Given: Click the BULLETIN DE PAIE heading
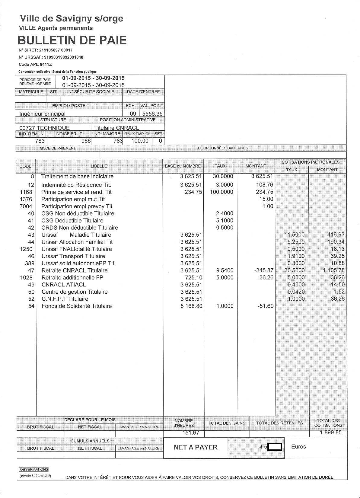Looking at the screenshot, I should pos(72,40).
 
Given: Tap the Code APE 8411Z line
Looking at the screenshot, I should pos(35,64).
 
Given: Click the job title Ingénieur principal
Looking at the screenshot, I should pos(42,114).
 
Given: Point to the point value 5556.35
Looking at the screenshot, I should pos(152,114).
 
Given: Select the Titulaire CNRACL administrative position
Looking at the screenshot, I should pos(116,128).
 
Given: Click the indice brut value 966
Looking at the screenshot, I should pos(86,141).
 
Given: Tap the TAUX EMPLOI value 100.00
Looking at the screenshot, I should pos(140,141).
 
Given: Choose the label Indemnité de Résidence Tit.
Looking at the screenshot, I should pos(76,185).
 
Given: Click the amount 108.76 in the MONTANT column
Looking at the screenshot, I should pos(264,185).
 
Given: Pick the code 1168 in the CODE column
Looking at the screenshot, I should pos(26,192).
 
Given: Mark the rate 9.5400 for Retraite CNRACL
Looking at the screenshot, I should pos(225,270).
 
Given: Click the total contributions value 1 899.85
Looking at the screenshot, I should pos(330,433).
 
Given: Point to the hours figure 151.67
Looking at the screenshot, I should pos(191,433).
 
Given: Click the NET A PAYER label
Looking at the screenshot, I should pos(195,447).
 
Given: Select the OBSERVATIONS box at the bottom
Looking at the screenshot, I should pos(33,470).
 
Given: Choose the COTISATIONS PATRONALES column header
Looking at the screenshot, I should pos(310,162).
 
